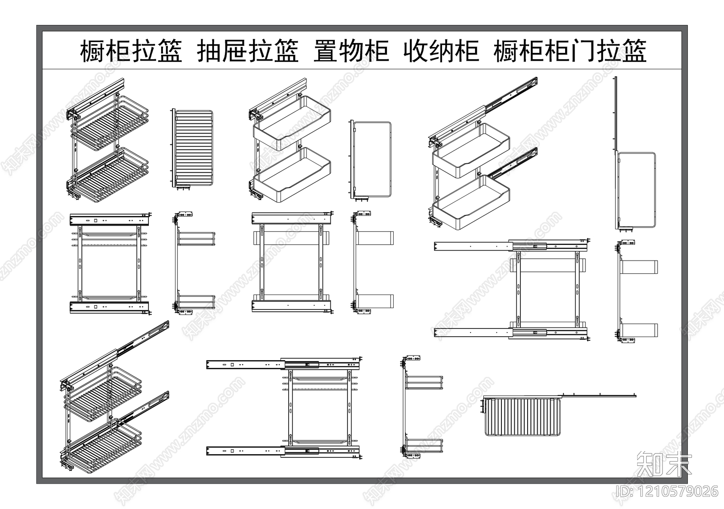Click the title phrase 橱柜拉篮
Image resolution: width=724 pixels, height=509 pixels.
click(x=131, y=51)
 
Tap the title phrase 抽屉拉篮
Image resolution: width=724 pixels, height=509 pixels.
click(x=248, y=51)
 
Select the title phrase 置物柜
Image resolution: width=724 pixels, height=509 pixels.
click(x=351, y=51)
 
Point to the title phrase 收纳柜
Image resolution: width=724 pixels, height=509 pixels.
click(x=441, y=51)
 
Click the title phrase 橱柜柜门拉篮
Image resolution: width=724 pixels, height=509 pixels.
click(x=570, y=51)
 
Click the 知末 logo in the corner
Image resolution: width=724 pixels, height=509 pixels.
click(x=664, y=464)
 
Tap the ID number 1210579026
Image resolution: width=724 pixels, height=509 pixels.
click(x=667, y=491)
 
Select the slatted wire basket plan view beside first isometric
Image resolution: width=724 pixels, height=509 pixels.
click(x=193, y=148)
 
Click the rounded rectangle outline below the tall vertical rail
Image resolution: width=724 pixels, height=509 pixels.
click(x=637, y=190)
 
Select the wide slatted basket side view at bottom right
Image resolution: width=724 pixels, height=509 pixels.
click(x=523, y=416)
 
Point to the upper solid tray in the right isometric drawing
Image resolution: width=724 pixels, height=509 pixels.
click(x=471, y=149)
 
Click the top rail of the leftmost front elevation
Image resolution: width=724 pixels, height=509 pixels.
click(x=109, y=220)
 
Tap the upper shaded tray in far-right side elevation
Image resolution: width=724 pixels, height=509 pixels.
click(x=639, y=267)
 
